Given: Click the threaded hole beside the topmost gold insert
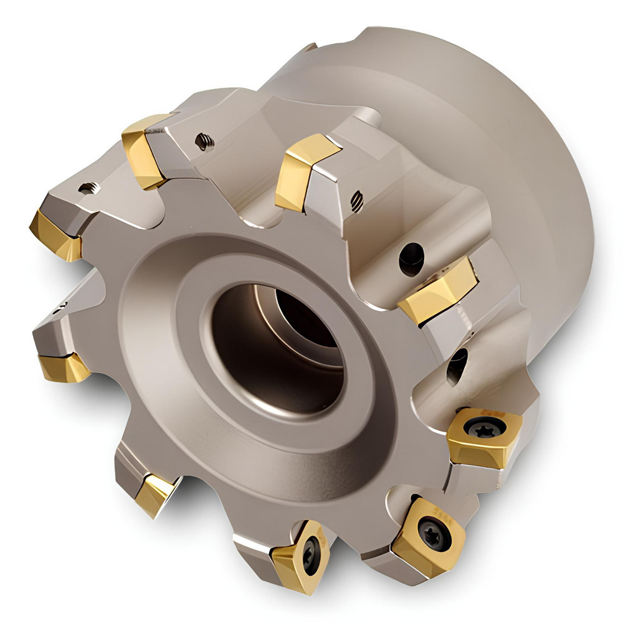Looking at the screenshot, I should (204, 141).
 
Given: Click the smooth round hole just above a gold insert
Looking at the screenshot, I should (411, 255).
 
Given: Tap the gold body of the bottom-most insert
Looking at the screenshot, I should (293, 561).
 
